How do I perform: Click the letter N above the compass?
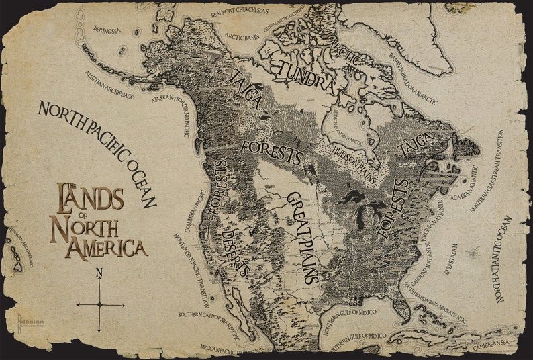click(99, 273)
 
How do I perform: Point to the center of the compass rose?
click(100, 304)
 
